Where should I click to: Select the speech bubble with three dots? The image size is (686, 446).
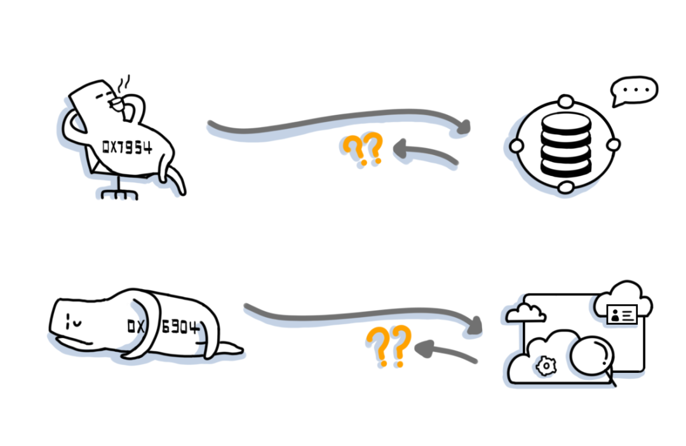(x=635, y=91)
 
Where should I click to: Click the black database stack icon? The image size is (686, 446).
(x=565, y=145)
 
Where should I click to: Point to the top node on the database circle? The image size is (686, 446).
(x=565, y=102)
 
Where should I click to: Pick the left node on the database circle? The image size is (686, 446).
(x=517, y=145)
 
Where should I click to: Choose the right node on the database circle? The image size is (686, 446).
(x=613, y=145)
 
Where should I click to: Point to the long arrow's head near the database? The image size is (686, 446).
(x=464, y=127)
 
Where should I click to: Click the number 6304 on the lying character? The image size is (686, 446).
(x=180, y=328)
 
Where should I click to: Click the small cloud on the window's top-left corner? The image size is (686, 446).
(x=527, y=312)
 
